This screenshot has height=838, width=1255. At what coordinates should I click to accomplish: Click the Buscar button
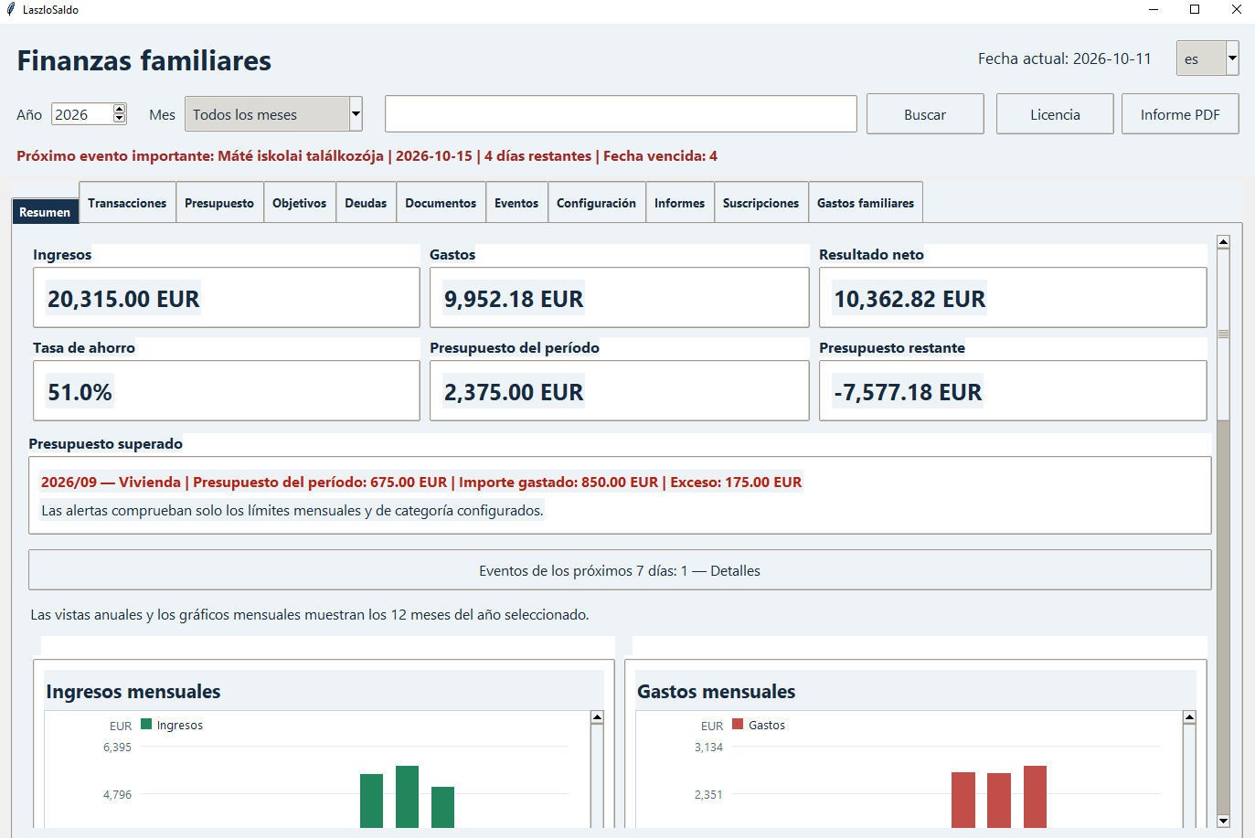924,114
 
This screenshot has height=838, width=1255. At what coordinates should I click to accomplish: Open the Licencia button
1055,114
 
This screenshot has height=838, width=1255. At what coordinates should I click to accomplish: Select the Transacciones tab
127,203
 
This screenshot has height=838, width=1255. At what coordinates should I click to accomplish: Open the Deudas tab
366,203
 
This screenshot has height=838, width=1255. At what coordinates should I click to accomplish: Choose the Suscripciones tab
760,203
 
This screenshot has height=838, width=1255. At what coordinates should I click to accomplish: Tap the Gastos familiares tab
866,203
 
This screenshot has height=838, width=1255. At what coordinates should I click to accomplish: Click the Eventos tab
516,203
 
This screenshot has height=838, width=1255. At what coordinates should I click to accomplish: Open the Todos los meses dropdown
273,114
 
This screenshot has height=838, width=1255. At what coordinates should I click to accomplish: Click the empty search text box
621,114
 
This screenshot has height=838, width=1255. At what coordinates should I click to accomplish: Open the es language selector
1207,58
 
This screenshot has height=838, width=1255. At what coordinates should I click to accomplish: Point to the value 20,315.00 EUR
123,299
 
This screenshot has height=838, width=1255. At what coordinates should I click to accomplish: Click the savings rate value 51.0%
80,392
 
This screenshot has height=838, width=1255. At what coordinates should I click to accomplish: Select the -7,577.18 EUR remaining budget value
908,392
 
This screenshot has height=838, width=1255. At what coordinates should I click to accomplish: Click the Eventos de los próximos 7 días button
620,570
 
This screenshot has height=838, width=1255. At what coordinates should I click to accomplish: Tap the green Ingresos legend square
146,724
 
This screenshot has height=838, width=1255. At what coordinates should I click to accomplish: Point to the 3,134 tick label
708,748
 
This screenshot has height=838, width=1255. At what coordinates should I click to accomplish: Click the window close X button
1237,9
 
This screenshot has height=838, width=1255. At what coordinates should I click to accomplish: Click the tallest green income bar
407,797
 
